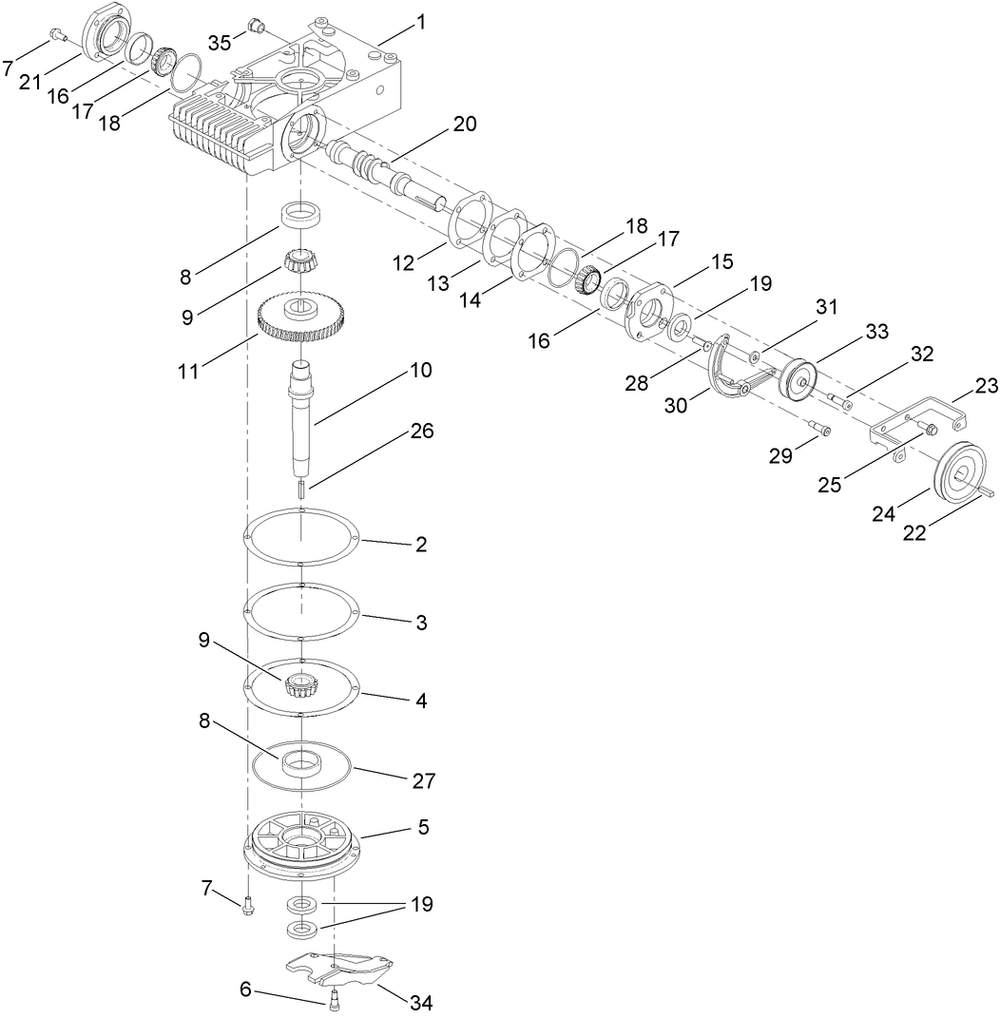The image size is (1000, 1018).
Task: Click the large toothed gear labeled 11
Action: coord(301,321)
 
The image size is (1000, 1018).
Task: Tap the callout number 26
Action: coord(421,431)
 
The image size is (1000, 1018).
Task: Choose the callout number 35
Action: coord(220,43)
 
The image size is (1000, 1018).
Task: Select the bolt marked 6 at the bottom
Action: coord(334,999)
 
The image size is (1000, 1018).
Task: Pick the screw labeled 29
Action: coord(818,429)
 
